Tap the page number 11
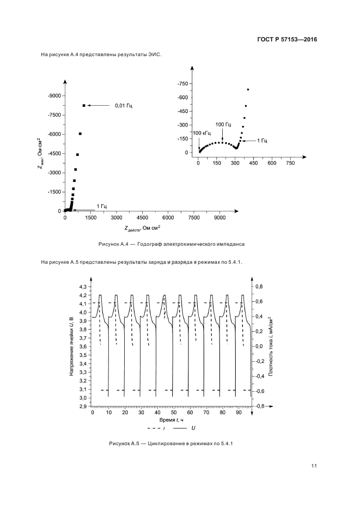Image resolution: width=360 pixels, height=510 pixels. coord(314,465)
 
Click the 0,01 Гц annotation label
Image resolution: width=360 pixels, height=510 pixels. coord(124,105)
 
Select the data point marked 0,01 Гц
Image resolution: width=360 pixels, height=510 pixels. coord(84,105)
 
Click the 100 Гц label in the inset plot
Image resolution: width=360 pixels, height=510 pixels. coord(223,124)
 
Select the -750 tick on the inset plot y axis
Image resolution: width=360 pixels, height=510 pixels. coord(182,83)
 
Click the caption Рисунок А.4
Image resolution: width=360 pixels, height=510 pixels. coord(171,244)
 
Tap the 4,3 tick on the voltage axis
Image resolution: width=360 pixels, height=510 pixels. coord(83,287)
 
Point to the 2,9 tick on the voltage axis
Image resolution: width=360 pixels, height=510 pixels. coord(83,406)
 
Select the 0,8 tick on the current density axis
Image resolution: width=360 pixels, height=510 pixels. coord(259,286)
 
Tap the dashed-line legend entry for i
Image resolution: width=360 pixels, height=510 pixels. coord(150,429)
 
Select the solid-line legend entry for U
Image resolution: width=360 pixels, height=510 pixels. coord(185,429)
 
